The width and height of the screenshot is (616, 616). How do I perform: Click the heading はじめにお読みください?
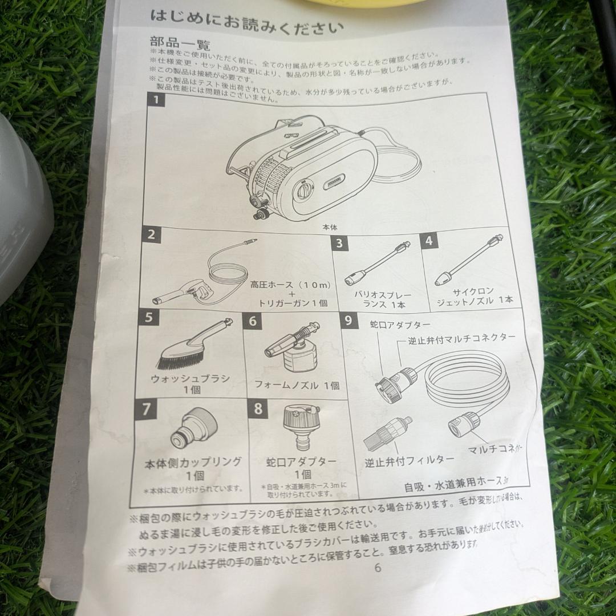point(246,21)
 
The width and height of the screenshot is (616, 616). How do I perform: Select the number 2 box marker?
point(151,234)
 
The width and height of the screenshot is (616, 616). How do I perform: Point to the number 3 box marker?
point(341,242)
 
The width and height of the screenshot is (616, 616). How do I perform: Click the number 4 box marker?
point(429,240)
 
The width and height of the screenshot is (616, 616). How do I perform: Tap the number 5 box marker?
point(148,317)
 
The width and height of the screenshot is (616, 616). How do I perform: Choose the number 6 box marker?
point(252,321)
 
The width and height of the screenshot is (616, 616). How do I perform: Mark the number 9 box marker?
point(147,409)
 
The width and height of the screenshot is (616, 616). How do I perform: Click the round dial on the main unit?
point(304,189)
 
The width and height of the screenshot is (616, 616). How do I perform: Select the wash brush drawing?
point(188,346)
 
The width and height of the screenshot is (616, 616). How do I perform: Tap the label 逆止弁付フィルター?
point(410,460)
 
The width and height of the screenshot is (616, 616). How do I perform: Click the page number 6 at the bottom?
point(378,568)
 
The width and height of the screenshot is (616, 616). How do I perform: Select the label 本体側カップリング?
point(193,462)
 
